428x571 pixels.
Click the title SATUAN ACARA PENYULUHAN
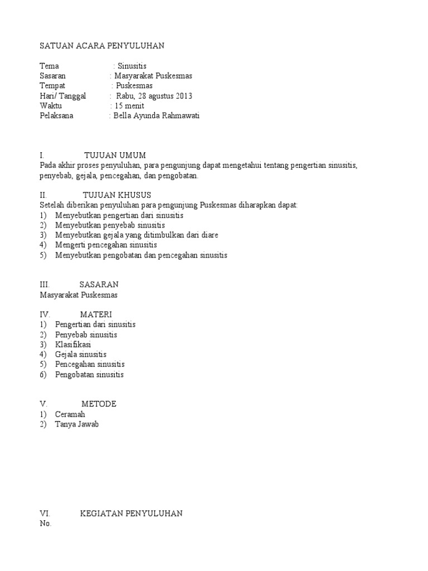click(102, 46)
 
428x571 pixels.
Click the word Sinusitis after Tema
click(132, 66)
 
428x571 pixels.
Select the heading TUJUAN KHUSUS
click(117, 195)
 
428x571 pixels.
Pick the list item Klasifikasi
click(73, 345)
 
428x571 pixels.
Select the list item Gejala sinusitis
click(81, 355)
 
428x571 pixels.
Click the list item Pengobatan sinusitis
click(89, 375)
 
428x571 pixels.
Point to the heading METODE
click(99, 404)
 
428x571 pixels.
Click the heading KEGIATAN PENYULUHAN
click(131, 514)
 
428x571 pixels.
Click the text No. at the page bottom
click(46, 524)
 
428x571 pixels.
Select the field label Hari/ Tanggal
click(63, 96)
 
